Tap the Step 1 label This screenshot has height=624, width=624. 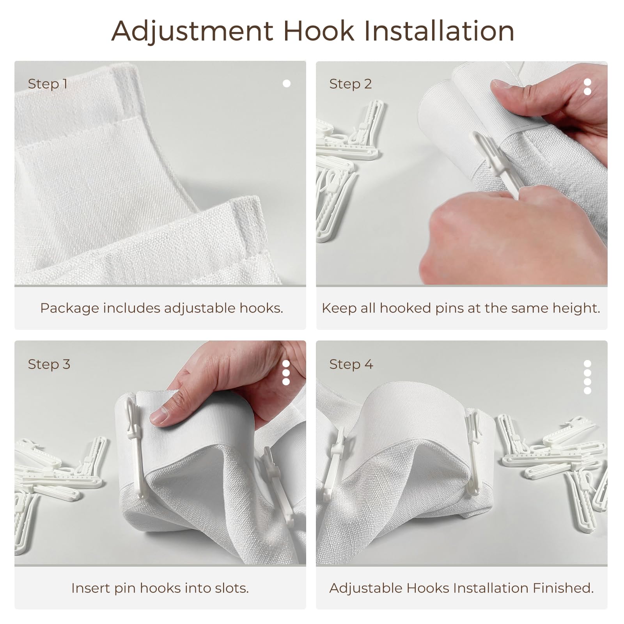pyautogui.click(x=48, y=84)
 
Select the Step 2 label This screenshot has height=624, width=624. pyautogui.click(x=350, y=84)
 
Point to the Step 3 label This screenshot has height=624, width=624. pyautogui.click(x=49, y=364)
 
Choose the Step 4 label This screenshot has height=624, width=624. pyautogui.click(x=351, y=364)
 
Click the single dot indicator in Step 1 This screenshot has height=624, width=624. pyautogui.click(x=287, y=83)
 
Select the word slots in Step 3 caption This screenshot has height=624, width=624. pyautogui.click(x=230, y=588)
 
